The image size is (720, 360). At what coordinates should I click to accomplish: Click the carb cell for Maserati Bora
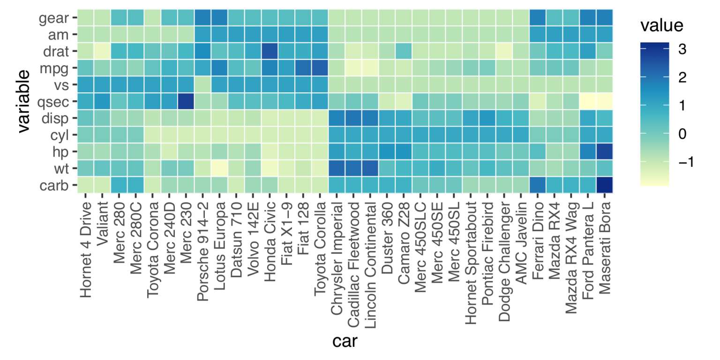coord(604,185)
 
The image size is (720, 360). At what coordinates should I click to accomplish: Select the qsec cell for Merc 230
coord(186,101)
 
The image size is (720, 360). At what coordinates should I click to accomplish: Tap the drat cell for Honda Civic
coord(270,51)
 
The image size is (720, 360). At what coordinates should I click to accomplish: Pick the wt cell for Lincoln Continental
coord(370,168)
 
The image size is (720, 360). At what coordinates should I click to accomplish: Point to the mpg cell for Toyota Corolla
coord(320,68)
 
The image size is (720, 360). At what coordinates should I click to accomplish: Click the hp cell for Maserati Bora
coord(604,151)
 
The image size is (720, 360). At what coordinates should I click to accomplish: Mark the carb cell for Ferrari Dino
coord(537,185)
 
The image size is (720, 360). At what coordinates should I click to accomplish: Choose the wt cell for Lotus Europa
coord(219,168)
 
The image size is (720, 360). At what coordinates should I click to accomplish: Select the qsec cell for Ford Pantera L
coord(587,101)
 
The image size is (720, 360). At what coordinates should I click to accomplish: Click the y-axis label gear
coord(54,18)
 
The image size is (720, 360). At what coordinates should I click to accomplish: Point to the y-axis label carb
coord(54,185)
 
